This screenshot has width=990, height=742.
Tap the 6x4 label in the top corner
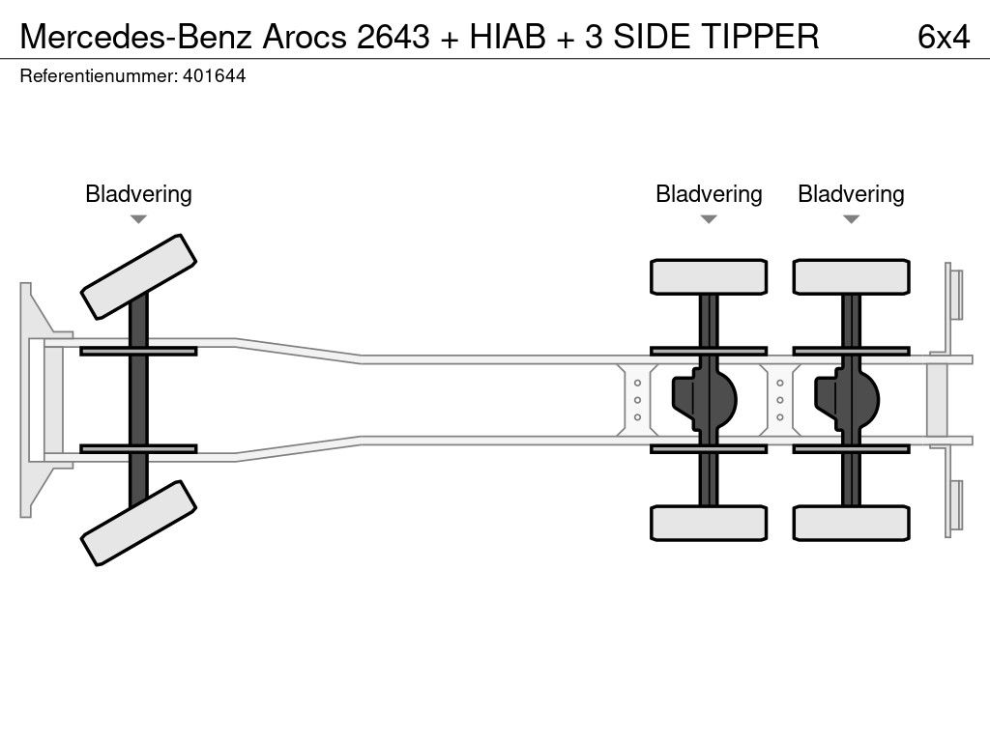943,36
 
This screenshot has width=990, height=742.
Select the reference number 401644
214,76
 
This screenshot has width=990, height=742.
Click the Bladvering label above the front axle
138,193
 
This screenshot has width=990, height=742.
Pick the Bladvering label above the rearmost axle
851,193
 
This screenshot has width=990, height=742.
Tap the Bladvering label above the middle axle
709,193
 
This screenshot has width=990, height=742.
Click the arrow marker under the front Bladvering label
138,219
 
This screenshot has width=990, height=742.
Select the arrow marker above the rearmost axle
851,219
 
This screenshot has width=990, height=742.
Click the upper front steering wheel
138,276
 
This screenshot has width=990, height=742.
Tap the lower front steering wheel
138,523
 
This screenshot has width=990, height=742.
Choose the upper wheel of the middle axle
709,276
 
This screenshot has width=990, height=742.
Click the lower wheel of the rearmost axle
851,523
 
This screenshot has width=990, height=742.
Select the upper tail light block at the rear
955,294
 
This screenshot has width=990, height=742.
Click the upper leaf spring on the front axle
138,351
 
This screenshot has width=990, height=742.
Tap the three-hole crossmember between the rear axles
779,399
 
